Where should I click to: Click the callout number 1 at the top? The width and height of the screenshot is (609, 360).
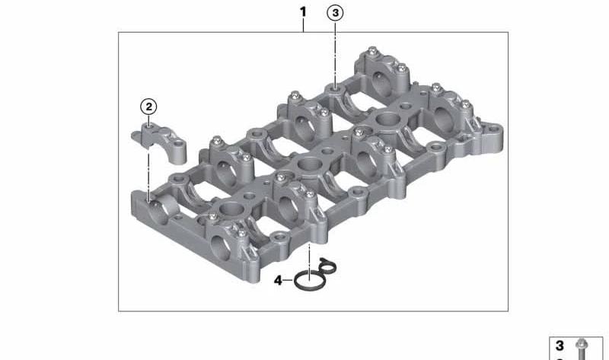303,12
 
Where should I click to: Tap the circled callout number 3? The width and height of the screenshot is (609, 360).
335,13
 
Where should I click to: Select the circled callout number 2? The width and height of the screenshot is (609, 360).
148,107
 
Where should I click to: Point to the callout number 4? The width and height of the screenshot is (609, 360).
278,280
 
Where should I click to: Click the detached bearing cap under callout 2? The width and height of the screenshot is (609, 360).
159,140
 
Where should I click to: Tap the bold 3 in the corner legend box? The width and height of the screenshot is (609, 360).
560,346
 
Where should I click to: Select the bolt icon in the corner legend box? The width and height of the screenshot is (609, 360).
582,349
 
